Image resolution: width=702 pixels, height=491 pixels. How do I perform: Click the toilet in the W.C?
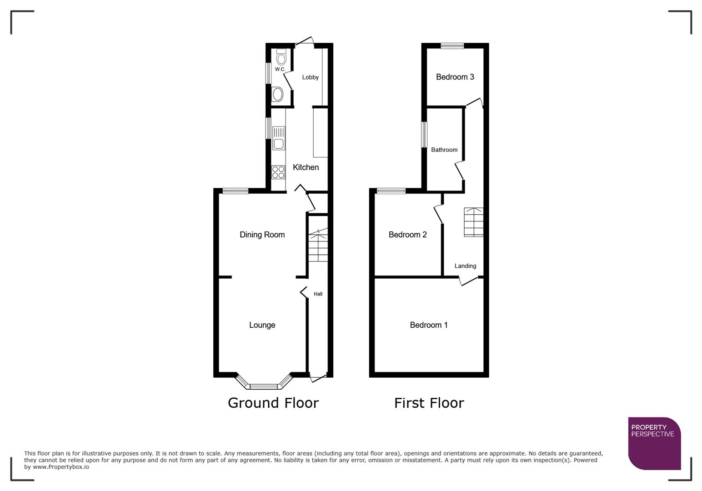(x=281, y=57)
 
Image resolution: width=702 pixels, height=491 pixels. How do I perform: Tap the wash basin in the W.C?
(x=277, y=95)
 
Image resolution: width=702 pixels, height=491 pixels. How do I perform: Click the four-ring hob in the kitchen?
(x=278, y=172)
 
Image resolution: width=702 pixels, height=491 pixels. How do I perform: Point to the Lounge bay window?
(x=264, y=386)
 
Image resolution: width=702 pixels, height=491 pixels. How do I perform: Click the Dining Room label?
(x=262, y=235)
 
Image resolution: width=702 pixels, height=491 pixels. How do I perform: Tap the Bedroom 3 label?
(x=455, y=77)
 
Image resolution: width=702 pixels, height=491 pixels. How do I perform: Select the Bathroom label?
(x=444, y=150)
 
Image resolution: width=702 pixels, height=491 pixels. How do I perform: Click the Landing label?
(x=465, y=266)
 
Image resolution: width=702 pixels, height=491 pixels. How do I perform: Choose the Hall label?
(x=318, y=294)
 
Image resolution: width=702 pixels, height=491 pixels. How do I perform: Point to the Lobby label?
(x=311, y=77)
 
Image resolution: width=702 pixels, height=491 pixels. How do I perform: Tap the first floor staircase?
(x=473, y=222)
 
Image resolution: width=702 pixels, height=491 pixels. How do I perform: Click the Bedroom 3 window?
(x=452, y=45)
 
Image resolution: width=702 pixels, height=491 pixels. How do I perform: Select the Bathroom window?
(x=424, y=134)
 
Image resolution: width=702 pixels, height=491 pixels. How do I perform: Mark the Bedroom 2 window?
(x=391, y=191)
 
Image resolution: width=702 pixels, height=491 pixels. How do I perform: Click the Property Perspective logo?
(x=654, y=443)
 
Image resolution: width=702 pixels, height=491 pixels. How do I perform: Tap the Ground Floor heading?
(x=273, y=403)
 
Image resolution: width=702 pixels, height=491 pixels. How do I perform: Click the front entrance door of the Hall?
(x=318, y=377)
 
